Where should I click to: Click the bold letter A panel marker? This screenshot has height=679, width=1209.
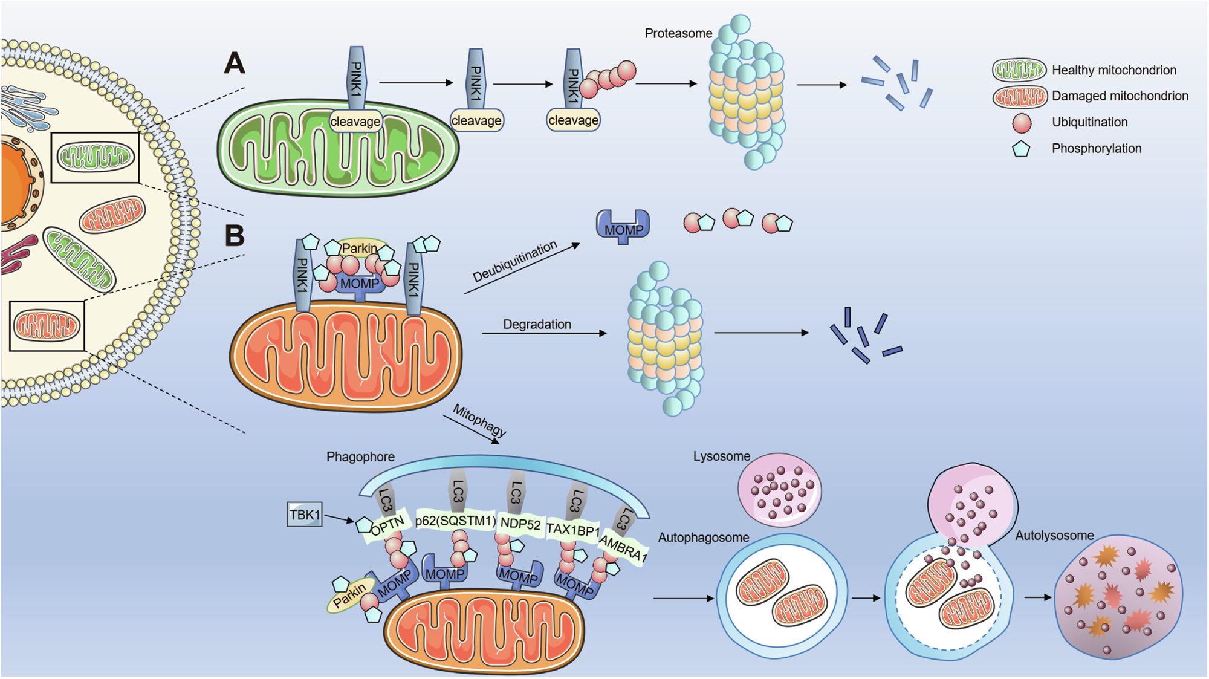coord(235,63)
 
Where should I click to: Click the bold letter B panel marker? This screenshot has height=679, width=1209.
coord(235,236)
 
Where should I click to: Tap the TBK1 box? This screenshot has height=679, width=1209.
coord(305,515)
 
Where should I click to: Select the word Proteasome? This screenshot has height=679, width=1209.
coord(678,34)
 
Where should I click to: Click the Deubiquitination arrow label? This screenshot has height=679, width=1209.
coord(514,262)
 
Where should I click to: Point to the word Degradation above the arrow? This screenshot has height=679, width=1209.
coord(537,325)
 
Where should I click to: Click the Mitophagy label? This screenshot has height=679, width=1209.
coord(479,421)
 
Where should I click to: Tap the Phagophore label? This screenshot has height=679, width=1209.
coord(360,457)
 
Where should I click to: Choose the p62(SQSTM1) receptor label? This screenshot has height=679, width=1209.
coord(455,521)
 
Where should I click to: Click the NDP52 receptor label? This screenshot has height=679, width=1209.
coord(520,524)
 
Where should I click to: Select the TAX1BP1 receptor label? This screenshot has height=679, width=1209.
coord(572,530)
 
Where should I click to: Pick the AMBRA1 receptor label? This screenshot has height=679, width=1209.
coord(623,549)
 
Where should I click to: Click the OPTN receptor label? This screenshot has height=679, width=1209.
coord(387,527)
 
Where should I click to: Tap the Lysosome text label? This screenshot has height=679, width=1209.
coord(721,456)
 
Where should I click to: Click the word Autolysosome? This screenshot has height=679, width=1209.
coord(1054,536)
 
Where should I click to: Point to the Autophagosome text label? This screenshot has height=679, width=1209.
coord(703,538)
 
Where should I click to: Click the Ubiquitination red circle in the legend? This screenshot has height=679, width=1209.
coord(1022,123)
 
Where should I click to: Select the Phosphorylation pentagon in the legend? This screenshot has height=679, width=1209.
coord(1021,149)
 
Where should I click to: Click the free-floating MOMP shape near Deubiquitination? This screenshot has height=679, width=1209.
coord(623,227)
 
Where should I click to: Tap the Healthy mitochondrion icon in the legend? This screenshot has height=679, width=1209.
coord(1019,70)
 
